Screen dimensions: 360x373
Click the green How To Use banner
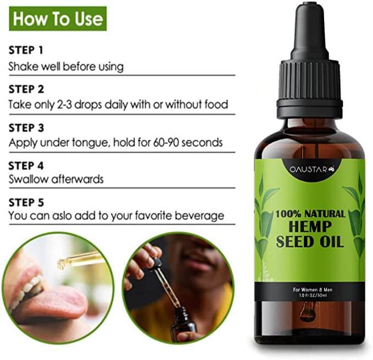pos(58,19)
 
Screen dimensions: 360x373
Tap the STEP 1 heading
pos(26,51)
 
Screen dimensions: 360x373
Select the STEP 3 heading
pos(26,127)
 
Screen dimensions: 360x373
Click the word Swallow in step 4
pos(28,179)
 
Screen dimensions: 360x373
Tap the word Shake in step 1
pos(22,67)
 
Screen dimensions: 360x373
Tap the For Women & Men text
pos(310,289)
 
